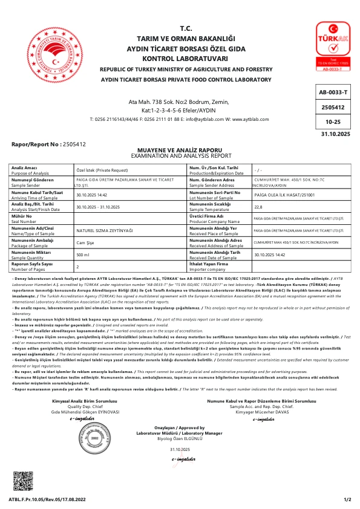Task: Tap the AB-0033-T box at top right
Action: pyautogui.click(x=333, y=92)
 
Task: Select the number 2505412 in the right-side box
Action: pyautogui.click(x=333, y=107)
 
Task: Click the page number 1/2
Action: pyautogui.click(x=347, y=499)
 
